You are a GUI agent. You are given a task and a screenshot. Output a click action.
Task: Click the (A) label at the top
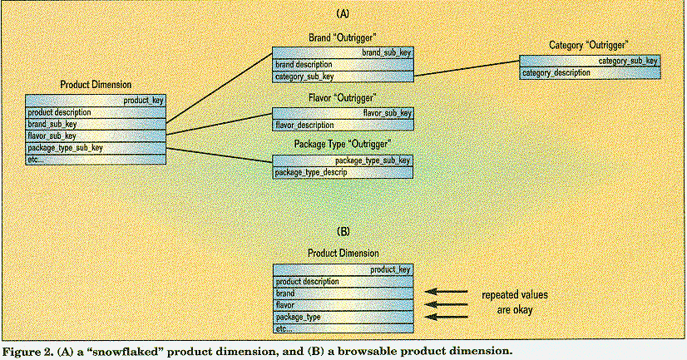342,14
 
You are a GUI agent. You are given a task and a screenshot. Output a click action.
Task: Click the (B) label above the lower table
342,229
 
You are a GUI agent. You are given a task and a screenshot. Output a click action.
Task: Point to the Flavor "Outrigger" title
343,98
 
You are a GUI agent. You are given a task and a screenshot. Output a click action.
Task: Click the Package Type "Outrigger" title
343,145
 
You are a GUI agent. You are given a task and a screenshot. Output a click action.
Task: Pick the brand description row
343,64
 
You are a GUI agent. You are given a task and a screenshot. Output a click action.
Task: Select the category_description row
590,73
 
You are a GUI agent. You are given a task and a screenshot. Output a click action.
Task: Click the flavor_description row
343,126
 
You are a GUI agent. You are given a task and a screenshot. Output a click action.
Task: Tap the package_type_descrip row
343,172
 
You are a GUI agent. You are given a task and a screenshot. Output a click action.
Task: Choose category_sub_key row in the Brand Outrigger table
343,76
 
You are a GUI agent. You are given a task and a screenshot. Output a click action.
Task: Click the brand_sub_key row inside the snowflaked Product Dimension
96,124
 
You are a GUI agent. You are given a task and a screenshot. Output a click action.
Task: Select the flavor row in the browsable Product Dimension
343,305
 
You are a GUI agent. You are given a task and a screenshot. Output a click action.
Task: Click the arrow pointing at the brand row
445,293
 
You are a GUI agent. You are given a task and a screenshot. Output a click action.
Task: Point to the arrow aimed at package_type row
445,317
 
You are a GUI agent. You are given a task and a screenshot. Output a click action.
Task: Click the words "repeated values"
515,295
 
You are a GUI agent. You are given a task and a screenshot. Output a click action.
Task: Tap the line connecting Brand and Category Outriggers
467,68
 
